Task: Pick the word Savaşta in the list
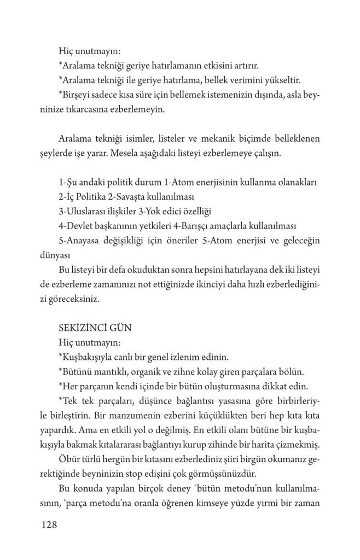coord(143,196)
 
